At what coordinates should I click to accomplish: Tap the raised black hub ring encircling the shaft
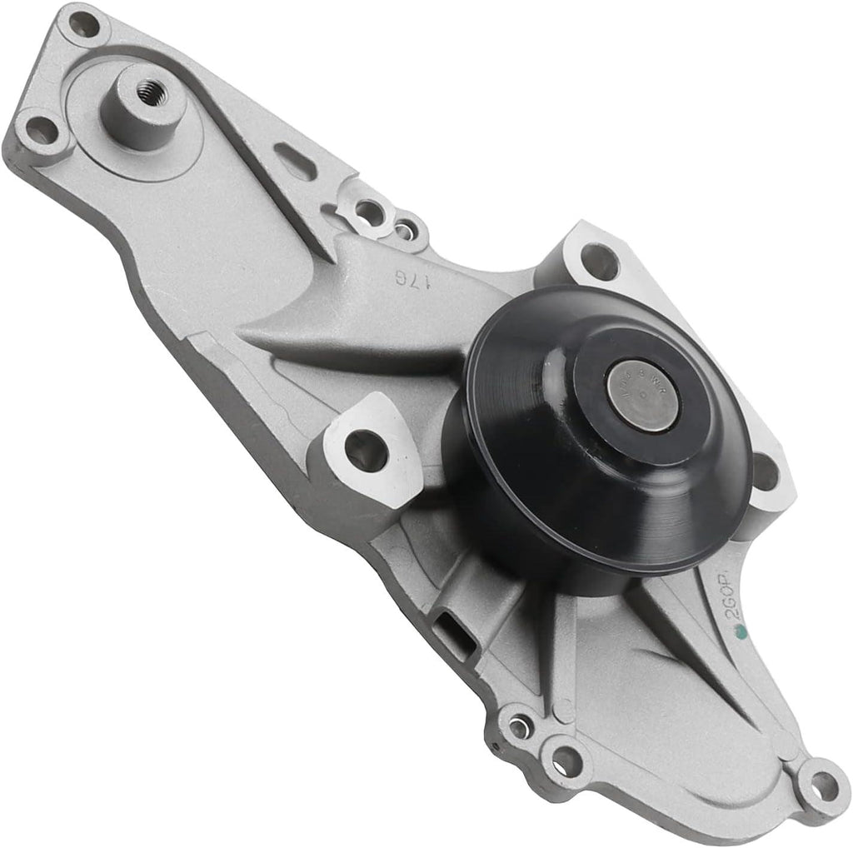click(600, 433)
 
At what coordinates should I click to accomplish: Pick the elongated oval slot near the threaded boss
click(297, 161)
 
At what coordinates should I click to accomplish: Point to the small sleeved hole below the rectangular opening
click(519, 727)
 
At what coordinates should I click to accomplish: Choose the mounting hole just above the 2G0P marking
click(765, 472)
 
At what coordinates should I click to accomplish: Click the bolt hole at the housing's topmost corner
click(83, 25)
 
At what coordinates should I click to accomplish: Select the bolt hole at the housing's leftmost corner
click(41, 131)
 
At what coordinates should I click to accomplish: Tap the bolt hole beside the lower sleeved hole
click(566, 760)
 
